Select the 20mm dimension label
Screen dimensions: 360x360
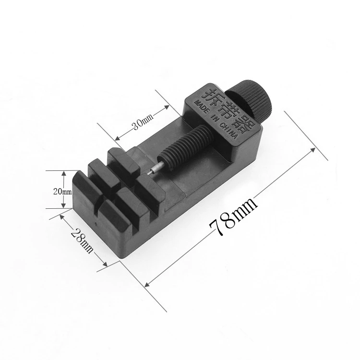pyautogui.click(x=62, y=191)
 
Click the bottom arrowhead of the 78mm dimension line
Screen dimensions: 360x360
pyautogui.click(x=147, y=283)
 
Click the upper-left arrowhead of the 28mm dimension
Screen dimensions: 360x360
pyautogui.click(x=62, y=216)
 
